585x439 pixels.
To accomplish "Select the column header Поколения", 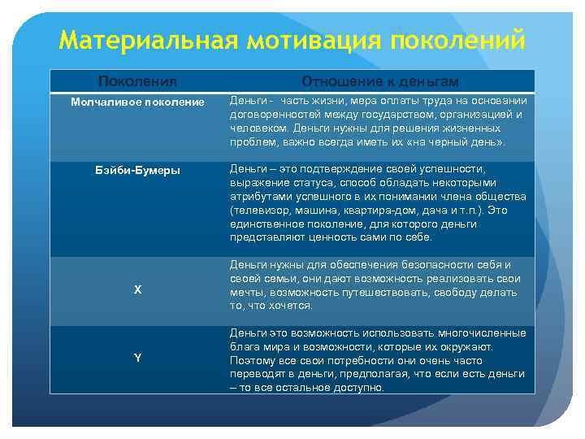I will [x=137, y=81].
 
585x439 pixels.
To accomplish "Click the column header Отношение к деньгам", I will [x=380, y=81].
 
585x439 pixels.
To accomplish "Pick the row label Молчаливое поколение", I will [x=137, y=102].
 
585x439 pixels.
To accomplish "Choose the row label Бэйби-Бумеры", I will [x=137, y=171].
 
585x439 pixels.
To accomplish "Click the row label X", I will [x=137, y=290].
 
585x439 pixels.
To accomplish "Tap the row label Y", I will [x=137, y=359].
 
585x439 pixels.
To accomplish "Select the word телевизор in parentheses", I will [x=260, y=210].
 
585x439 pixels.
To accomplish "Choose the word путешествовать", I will [x=385, y=292].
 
